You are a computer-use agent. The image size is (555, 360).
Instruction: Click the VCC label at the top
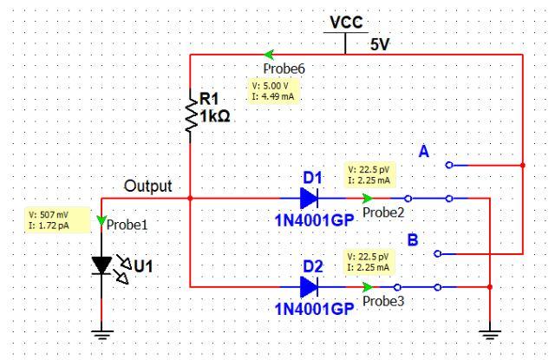[x=345, y=23]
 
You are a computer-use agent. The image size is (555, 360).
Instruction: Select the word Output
[x=148, y=186]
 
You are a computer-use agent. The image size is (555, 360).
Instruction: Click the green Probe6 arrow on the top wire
[x=270, y=54]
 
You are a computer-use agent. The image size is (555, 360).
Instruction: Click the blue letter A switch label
[x=424, y=152]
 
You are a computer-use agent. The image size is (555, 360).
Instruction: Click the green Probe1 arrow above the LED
[x=103, y=222]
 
